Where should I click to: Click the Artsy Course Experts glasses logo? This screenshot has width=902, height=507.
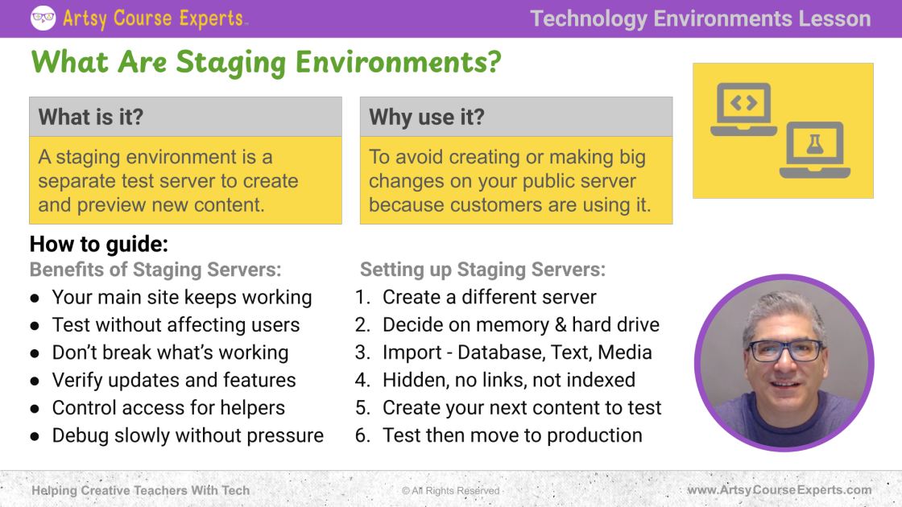(x=43, y=18)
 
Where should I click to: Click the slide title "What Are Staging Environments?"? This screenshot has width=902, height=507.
(x=266, y=62)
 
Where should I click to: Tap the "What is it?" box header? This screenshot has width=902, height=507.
(x=185, y=117)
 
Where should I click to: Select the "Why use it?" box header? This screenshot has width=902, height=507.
(x=516, y=117)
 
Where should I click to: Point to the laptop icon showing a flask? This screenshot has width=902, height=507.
(x=814, y=150)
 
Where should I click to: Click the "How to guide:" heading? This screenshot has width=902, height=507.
(x=99, y=245)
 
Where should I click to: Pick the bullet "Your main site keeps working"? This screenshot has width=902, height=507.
(x=182, y=297)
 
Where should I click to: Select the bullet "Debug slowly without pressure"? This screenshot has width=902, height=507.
(x=188, y=435)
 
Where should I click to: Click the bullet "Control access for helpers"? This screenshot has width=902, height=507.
(x=168, y=407)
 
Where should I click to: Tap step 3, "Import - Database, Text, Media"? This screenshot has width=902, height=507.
(x=517, y=352)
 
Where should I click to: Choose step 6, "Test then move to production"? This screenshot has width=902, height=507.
(x=512, y=435)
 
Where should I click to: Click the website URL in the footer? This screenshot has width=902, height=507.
(x=780, y=490)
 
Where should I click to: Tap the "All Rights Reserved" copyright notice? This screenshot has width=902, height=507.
(x=450, y=490)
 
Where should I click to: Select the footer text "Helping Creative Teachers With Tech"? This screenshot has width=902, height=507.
(x=140, y=490)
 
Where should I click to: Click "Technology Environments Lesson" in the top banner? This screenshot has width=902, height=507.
(x=700, y=19)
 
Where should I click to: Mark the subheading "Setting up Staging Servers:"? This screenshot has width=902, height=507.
(x=482, y=270)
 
